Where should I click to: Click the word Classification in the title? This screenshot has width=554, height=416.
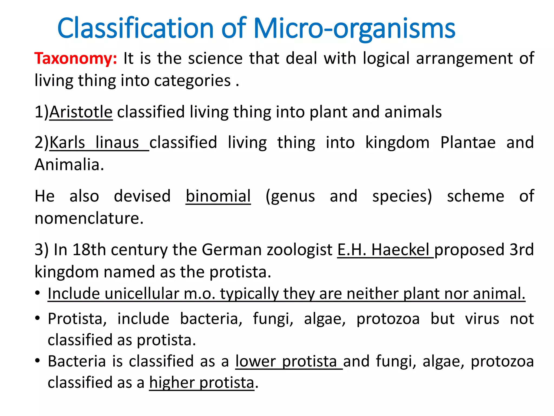click(136, 28)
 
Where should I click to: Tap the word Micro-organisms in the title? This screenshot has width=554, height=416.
click(354, 28)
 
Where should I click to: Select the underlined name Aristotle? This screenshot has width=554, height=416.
click(81, 112)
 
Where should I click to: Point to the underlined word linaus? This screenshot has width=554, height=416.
click(117, 142)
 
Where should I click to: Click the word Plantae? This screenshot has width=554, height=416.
click(468, 142)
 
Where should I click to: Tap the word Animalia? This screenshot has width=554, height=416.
click(69, 165)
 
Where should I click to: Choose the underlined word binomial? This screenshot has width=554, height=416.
click(218, 196)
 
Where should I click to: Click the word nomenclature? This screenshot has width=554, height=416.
click(89, 218)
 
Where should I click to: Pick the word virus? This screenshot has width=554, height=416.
click(482, 318)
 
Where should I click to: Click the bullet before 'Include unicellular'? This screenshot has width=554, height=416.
click(38, 293)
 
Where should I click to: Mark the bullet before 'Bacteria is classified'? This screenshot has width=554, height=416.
click(38, 361)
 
